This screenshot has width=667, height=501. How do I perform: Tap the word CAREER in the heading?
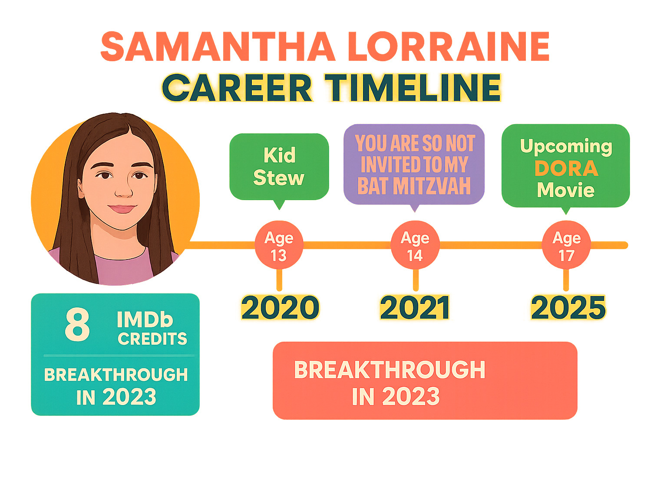pos(237,88)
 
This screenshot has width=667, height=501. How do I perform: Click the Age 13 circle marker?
pos(279,246)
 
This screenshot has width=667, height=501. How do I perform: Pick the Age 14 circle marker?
pos(415,246)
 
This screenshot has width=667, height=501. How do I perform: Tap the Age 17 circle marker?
pos(566,246)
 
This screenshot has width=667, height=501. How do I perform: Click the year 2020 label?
pos(280,307)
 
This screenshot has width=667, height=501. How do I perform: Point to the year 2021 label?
pos(415,307)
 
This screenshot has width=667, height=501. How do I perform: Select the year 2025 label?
pos(568,307)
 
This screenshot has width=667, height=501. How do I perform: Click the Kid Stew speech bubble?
pos(279,167)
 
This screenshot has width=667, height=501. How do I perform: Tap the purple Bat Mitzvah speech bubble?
pos(414,164)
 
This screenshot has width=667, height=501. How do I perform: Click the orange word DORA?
pos(566,168)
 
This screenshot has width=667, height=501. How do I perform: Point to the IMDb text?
pos(145,320)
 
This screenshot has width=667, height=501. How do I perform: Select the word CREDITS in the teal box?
pos(152,339)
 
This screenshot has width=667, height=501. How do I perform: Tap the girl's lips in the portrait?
pos(122,209)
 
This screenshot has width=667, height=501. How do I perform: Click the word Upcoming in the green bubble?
pos(566,146)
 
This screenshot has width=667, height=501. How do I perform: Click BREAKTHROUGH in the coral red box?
pos(390,370)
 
